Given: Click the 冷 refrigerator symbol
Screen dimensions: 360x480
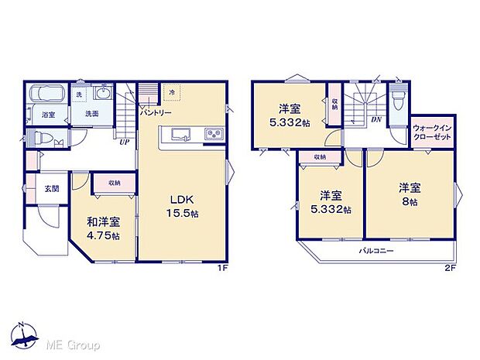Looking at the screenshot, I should pos(173,92).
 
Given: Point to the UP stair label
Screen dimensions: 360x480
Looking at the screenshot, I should pos(124,142).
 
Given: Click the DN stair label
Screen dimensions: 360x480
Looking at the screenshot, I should pos(375,119).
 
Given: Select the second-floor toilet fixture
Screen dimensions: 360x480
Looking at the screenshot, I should pos(399,101).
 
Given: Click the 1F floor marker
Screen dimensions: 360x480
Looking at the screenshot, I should pos(221,268).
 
